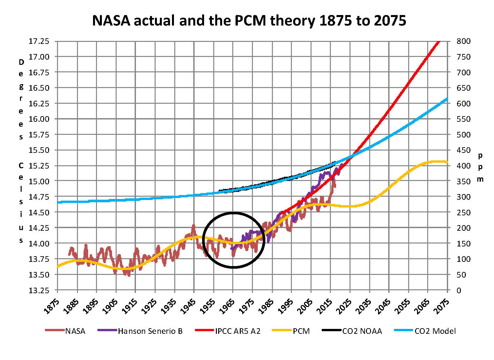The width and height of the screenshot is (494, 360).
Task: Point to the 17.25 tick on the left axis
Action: tap(39, 41)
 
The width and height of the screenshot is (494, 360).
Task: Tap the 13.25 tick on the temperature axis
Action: tap(39, 290)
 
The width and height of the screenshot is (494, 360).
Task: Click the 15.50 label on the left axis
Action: tap(39, 150)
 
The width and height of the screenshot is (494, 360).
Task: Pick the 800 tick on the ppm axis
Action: tap(464, 41)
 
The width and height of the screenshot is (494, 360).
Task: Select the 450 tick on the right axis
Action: tap(464, 150)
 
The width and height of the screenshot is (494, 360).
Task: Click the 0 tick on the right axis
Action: tap(459, 290)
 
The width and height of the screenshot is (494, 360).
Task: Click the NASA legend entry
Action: tap(75, 331)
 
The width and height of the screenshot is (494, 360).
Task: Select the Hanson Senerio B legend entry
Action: tap(150, 331)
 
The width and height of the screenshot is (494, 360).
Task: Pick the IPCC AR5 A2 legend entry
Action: tap(237, 331)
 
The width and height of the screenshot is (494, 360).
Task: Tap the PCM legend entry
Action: tap(301, 331)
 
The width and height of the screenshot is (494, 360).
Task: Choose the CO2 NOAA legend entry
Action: tap(362, 331)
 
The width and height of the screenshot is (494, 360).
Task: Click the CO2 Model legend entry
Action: tap(435, 331)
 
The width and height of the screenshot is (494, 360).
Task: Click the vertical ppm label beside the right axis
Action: tap(480, 167)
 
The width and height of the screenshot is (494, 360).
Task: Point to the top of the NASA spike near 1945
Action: tap(194, 225)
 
